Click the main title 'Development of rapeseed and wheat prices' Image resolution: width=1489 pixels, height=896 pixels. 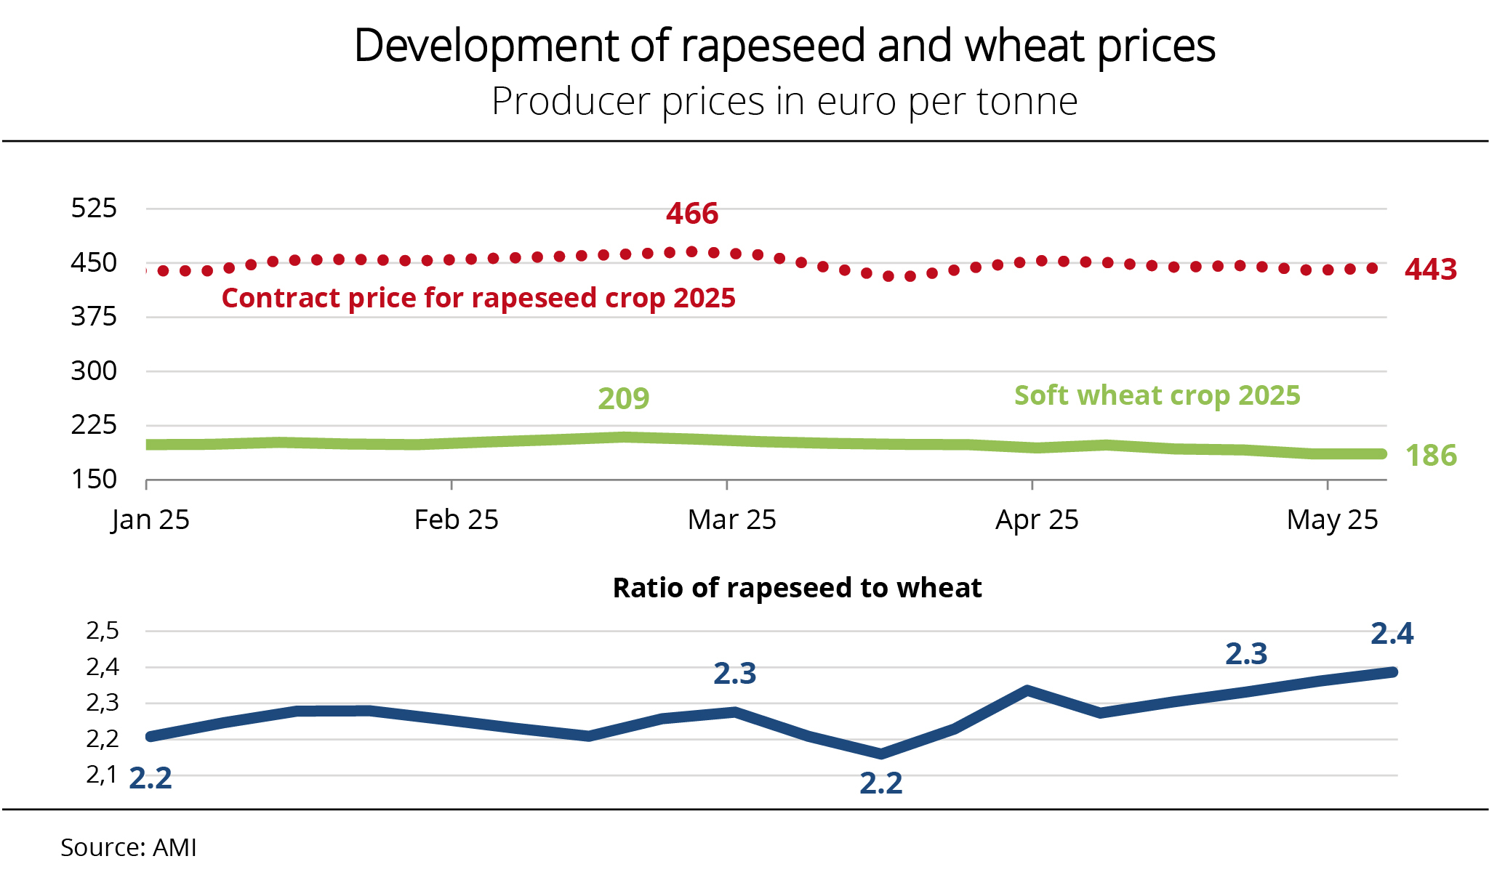tap(784, 46)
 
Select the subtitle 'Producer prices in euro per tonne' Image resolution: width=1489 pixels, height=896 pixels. tap(784, 101)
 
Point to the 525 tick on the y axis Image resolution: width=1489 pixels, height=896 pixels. tap(94, 209)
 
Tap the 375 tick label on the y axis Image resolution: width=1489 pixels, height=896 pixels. tap(94, 317)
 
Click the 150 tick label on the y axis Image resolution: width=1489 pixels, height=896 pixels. tap(94, 480)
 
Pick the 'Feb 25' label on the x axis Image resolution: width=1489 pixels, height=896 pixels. tap(456, 520)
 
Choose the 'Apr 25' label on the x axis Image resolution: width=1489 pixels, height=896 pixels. tap(1037, 520)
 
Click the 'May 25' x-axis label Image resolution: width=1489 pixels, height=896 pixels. tap(1332, 520)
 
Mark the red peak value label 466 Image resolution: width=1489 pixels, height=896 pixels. tap(692, 214)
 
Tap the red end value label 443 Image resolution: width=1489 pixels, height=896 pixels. tap(1431, 270)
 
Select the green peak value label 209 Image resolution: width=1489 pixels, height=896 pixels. tap(624, 398)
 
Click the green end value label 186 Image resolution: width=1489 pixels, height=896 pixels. tap(1431, 456)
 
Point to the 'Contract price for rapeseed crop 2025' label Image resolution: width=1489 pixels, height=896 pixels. tap(478, 298)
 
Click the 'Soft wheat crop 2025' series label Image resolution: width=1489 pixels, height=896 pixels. tap(1157, 395)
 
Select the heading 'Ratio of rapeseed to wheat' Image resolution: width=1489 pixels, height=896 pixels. tap(797, 588)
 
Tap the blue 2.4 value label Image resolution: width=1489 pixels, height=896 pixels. tap(1392, 634)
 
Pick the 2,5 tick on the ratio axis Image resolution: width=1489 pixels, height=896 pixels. tap(103, 631)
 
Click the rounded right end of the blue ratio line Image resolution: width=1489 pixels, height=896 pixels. tap(1392, 672)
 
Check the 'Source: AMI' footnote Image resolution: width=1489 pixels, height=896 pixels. tap(129, 847)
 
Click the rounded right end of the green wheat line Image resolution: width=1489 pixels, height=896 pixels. tap(1381, 454)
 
